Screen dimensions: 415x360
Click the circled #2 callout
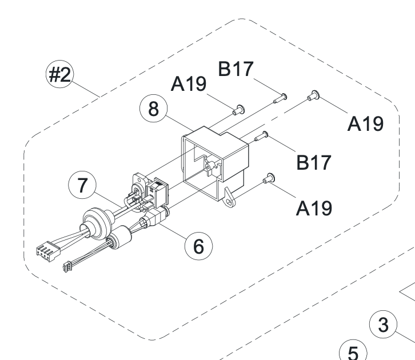tap(60, 74)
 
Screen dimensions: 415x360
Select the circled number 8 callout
tap(154, 109)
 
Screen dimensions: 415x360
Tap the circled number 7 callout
tap(82, 185)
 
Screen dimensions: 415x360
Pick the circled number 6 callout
tap(198, 246)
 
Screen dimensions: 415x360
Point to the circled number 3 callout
tap(383, 325)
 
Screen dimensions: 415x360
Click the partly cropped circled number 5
tap(353, 350)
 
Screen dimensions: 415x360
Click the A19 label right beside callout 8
tap(189, 84)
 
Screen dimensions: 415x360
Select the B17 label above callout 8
tap(236, 69)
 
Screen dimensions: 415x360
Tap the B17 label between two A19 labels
tap(314, 162)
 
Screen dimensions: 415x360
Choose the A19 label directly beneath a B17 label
tap(314, 209)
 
